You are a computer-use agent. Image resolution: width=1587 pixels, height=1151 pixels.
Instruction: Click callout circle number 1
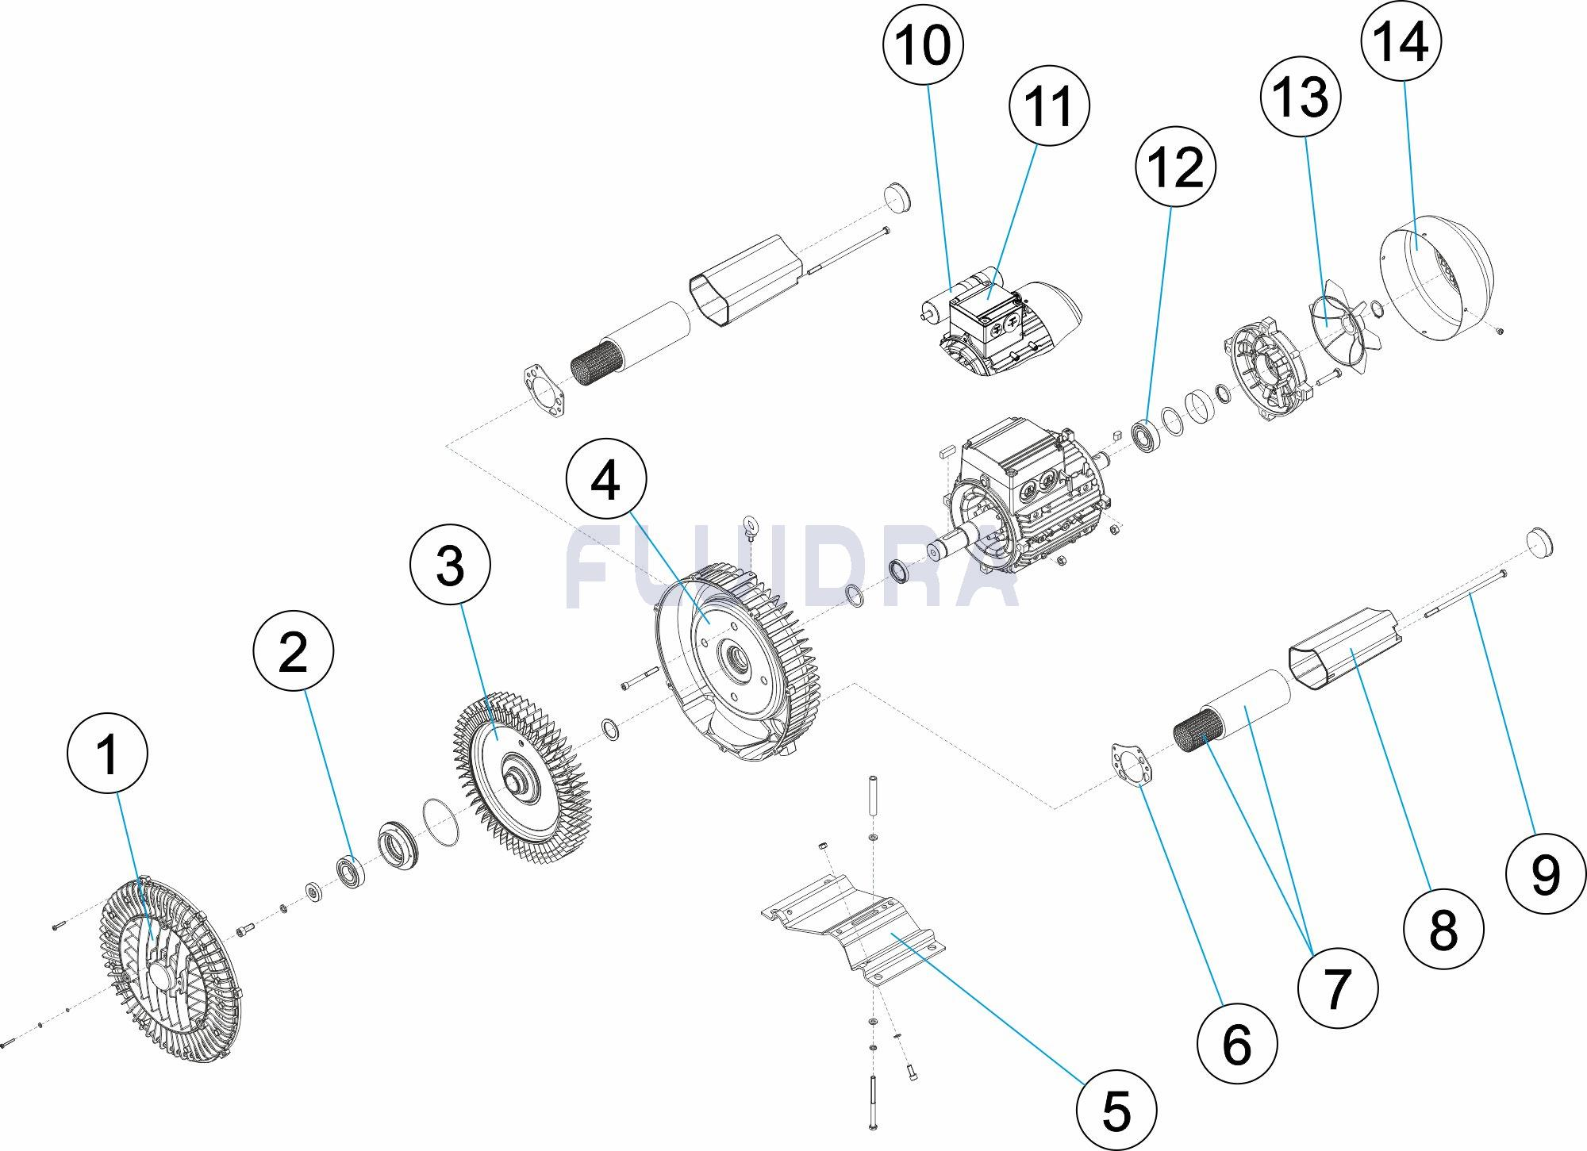pyautogui.click(x=108, y=754)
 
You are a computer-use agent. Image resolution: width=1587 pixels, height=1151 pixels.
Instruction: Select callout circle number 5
pyautogui.click(x=1116, y=1111)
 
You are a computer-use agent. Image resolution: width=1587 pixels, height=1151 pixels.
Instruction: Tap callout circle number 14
pyautogui.click(x=1401, y=40)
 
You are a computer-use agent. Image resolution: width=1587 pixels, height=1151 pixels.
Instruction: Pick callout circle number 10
pyautogui.click(x=924, y=45)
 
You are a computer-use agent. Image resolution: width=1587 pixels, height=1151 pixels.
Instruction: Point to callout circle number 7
pyautogui.click(x=1338, y=988)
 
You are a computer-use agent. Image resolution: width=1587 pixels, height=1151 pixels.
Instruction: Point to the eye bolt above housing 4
pyautogui.click(x=751, y=525)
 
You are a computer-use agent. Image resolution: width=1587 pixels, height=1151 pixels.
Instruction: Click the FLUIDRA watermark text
pyautogui.click(x=793, y=567)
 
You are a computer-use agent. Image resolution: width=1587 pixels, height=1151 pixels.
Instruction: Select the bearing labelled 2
pyautogui.click(x=350, y=872)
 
